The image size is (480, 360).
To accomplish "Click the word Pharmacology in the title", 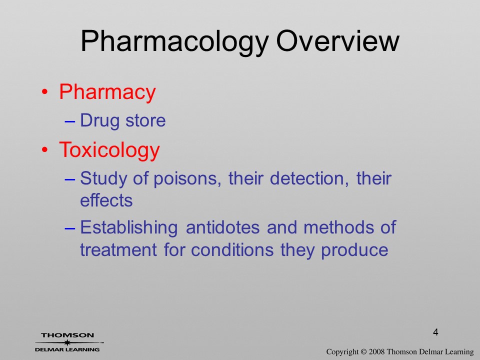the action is pos(175,42).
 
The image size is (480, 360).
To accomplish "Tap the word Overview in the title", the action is pos(337,41).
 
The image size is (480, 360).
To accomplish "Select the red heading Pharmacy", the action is pos(107,92).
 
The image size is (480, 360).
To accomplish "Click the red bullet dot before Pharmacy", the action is pos(45,92).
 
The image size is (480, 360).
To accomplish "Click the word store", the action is pos(145,120).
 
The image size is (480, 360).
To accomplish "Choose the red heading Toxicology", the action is pos(109,150).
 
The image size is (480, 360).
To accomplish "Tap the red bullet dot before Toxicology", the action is pos(45,150).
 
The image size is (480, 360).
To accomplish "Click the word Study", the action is pos(103,179).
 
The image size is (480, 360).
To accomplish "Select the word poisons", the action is pos(187,178).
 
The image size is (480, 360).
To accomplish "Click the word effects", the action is pos(106,200).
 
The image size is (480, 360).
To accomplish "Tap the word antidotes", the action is pos(222,227).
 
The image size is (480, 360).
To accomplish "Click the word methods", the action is pos(338,227).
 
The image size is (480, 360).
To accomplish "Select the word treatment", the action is pos(118,250).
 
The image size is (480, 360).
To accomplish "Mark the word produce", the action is pos(354,250).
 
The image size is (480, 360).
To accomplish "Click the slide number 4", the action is pos(435,332).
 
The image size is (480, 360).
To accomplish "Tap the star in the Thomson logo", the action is pos(66,342).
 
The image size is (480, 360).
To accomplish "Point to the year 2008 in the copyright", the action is pos(377,352).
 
